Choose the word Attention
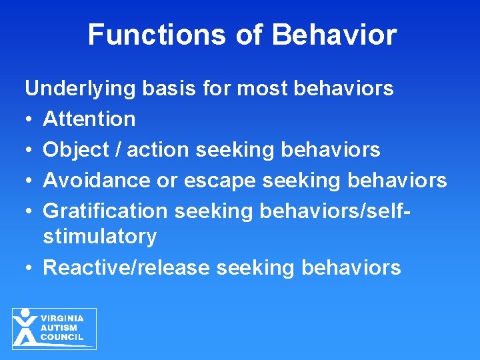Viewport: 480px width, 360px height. [89, 119]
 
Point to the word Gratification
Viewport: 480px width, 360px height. [105, 211]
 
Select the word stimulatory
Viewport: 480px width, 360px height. [100, 236]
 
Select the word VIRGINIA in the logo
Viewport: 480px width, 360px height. [63, 319]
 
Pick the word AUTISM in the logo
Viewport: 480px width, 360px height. [59, 328]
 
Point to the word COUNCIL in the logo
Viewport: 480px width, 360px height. [62, 337]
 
